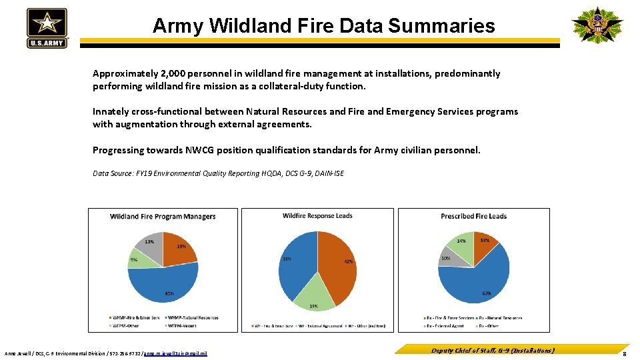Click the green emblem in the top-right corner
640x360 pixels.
tap(597, 25)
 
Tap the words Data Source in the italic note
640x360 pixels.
tap(113, 173)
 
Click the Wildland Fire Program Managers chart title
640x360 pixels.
tap(163, 216)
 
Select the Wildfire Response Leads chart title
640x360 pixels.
tap(317, 215)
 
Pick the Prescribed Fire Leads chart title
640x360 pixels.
tap(473, 216)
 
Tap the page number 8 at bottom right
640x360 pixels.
tap(623, 353)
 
